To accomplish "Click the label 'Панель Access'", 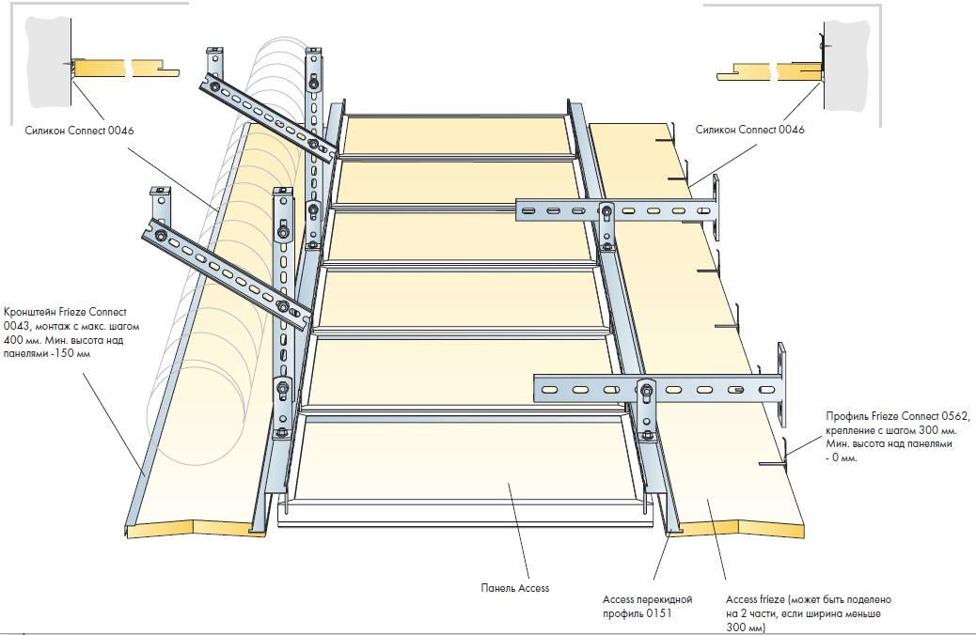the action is pos(514,588).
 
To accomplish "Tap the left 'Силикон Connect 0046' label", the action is pos(79,131).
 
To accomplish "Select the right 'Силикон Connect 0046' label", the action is pos(749,130).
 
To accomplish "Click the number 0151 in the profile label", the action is pos(658,613).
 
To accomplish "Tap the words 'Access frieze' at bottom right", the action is pos(755,599).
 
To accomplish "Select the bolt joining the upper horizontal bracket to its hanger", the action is pos(604,211).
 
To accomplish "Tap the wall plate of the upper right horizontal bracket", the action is pos(716,208).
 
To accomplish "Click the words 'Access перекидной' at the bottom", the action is pos(647,599).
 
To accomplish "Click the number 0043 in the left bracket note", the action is pos(16,326).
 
